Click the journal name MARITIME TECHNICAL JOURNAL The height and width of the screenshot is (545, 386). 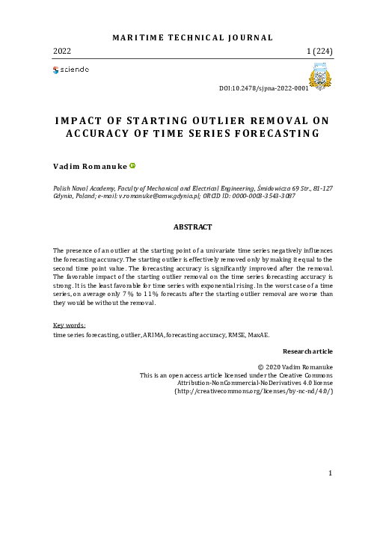click(192, 37)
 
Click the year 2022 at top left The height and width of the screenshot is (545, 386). click(63, 52)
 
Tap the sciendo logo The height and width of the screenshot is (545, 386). click(71, 70)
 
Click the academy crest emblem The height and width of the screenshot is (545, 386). click(320, 77)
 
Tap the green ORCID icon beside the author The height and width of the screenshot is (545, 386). click(133, 166)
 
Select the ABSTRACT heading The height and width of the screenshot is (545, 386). click(193, 227)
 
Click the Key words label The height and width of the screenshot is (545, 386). click(70, 325)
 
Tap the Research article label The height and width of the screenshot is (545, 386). click(307, 351)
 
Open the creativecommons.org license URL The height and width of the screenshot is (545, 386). click(254, 391)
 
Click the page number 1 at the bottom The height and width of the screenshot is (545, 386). click(331, 472)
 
